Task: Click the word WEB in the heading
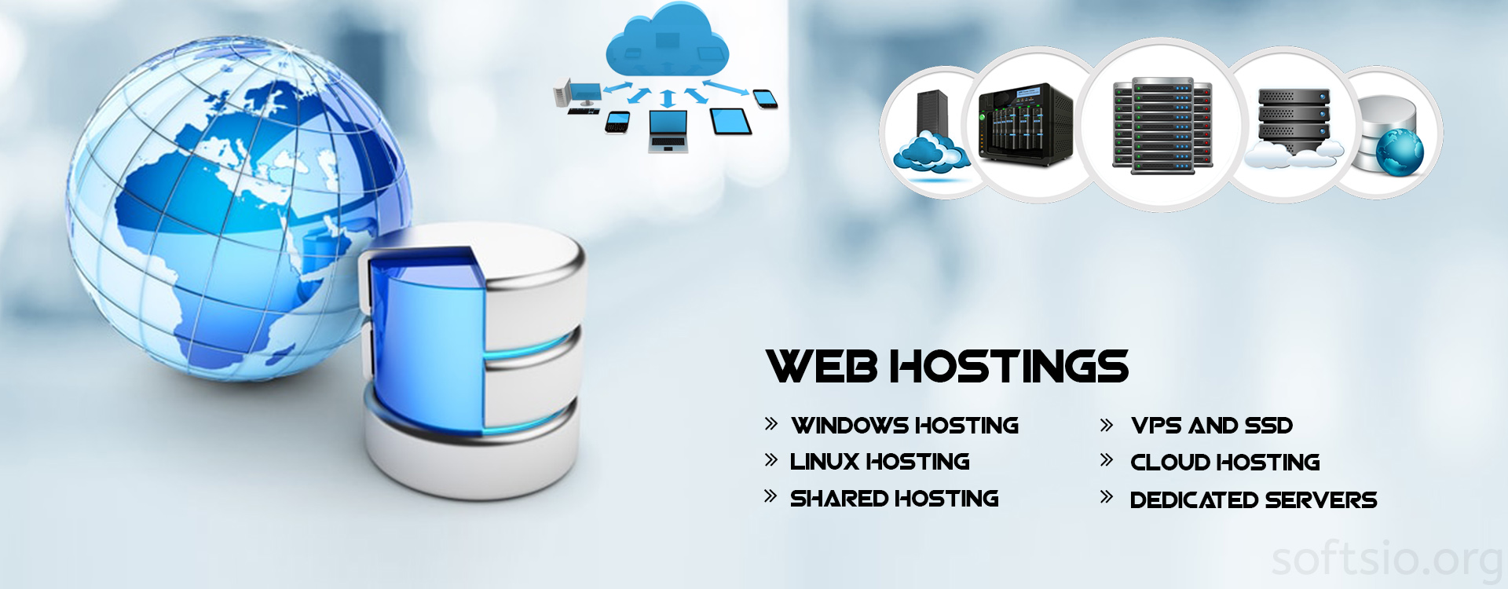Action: [822, 367]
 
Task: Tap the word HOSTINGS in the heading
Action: [1009, 367]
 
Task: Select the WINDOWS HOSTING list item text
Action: [905, 426]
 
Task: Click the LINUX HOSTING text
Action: [880, 462]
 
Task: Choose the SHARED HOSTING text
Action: [894, 499]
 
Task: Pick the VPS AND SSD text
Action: [1212, 426]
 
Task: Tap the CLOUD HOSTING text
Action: [1224, 463]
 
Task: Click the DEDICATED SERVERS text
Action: [1253, 500]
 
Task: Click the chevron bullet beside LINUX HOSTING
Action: [771, 460]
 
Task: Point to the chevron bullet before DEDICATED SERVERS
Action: [1107, 497]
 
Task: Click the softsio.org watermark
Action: [1386, 559]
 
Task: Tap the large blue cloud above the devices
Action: [667, 43]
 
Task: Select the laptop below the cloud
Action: [668, 130]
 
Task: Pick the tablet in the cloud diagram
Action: [730, 121]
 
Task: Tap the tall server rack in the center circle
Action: [1162, 126]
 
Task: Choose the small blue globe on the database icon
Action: [1399, 152]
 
